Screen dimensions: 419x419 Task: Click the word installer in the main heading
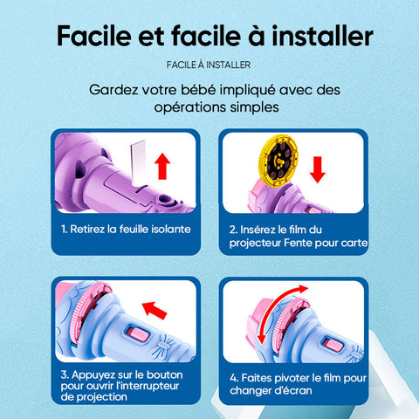(322, 36)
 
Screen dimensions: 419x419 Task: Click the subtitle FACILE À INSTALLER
(209, 65)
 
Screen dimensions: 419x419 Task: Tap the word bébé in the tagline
(197, 90)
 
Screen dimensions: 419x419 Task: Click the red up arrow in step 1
(162, 167)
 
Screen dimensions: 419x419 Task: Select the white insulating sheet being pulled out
(138, 163)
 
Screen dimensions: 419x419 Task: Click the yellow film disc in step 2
(278, 161)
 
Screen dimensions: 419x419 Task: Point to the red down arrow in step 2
(318, 169)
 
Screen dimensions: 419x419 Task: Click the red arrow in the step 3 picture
(155, 310)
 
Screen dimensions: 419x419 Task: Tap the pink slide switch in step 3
(137, 333)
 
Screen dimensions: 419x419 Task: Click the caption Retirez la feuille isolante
(126, 229)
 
